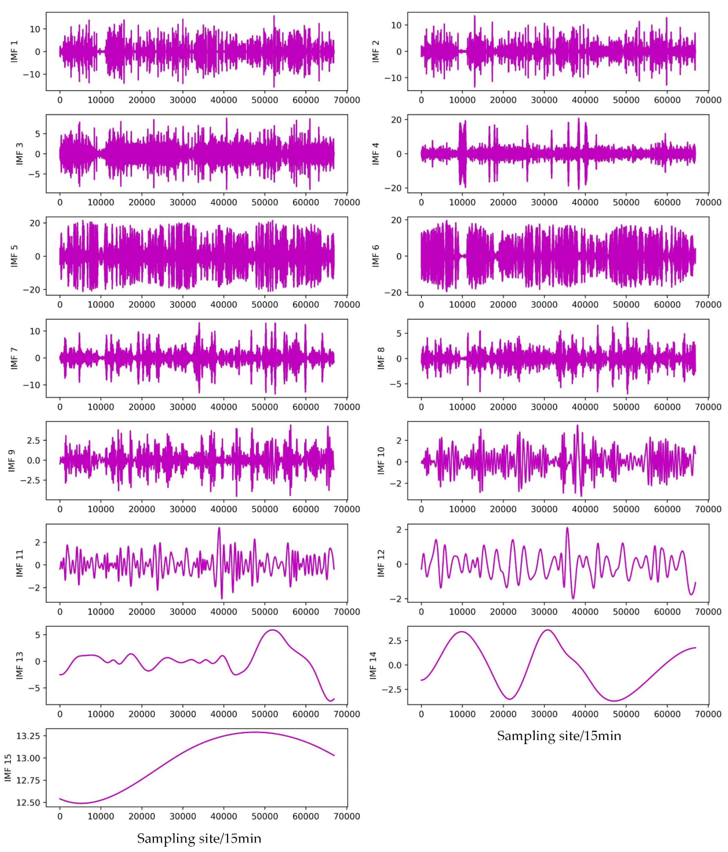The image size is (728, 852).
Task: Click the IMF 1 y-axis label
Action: [x=14, y=51]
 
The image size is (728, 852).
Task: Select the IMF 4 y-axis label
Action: [x=375, y=154]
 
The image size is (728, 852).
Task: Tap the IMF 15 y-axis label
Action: [x=8, y=767]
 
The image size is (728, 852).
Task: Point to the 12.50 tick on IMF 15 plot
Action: [x=28, y=803]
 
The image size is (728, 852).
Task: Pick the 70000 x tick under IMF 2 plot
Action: [x=708, y=100]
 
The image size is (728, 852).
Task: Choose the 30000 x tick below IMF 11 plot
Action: [x=183, y=612]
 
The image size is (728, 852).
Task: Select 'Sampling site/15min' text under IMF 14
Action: [x=559, y=736]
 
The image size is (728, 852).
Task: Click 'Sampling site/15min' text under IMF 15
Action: [x=199, y=838]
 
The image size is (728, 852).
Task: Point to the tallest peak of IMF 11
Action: [x=219, y=528]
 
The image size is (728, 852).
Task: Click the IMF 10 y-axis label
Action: [x=381, y=461]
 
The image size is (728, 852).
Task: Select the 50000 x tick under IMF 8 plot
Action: [x=626, y=407]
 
